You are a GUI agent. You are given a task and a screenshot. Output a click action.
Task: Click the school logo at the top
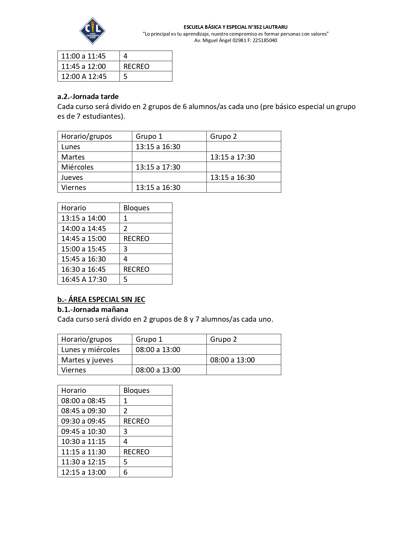point(93,31)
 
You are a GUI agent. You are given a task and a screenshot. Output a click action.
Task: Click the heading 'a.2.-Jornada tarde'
point(88,96)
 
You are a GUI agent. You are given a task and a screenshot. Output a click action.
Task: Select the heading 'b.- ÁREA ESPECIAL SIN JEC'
point(101,299)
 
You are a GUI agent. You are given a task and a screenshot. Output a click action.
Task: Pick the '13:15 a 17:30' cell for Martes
point(232,157)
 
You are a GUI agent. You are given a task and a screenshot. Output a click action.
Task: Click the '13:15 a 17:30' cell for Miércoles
point(158,167)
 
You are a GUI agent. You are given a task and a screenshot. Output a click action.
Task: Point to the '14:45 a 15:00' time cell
point(84,239)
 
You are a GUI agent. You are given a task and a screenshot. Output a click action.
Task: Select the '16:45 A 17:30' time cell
point(84,279)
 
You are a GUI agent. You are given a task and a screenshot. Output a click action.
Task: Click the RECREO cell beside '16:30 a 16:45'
point(136,269)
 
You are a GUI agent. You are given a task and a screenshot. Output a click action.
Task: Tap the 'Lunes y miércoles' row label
point(90,350)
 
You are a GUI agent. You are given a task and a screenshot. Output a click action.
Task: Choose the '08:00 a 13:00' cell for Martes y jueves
point(232,360)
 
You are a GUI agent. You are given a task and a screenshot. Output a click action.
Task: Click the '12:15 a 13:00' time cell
point(84,472)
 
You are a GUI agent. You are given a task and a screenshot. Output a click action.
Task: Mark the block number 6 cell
point(126,472)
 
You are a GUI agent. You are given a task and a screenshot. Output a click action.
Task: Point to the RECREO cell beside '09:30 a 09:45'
point(136,421)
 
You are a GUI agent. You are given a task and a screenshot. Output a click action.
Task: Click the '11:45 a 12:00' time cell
point(84,66)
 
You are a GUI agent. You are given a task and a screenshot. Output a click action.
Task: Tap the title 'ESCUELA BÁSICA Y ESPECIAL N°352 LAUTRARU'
point(235,27)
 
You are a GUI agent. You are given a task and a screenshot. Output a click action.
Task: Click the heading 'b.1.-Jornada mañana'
point(93,309)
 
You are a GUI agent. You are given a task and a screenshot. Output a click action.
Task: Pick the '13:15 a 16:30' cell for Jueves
point(232,177)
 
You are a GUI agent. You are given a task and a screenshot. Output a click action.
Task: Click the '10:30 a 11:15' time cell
point(84,441)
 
